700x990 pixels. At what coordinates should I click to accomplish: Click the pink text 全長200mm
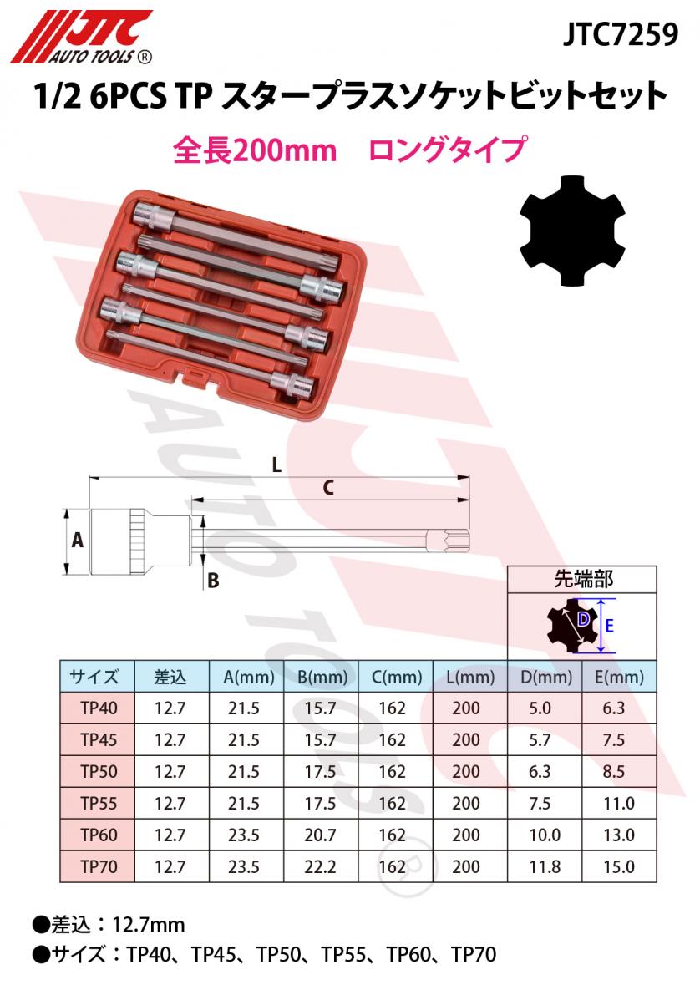point(242,150)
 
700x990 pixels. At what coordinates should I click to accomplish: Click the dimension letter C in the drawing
point(328,489)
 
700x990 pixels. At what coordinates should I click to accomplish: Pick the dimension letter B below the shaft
point(212,580)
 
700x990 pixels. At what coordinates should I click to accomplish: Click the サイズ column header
point(97,676)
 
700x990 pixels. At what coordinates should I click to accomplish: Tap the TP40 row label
point(97,708)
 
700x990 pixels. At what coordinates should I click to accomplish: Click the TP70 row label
point(97,866)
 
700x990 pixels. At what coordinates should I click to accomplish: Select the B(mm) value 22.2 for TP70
point(320,866)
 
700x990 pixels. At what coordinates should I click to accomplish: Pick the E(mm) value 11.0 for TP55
point(618,803)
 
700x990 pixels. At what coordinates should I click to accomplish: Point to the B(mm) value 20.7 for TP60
point(320,835)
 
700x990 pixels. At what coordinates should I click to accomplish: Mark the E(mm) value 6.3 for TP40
point(618,708)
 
